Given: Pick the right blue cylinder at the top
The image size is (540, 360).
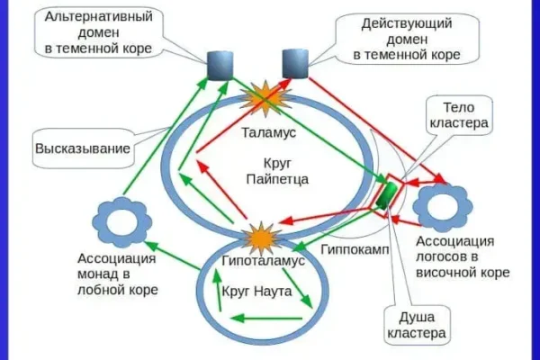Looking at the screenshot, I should pyautogui.click(x=296, y=63).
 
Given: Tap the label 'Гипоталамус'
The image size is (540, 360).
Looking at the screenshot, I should pyautogui.click(x=262, y=260).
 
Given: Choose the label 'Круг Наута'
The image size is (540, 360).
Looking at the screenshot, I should pyautogui.click(x=256, y=293).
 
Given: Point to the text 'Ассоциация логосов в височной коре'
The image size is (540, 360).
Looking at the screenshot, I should pyautogui.click(x=463, y=256).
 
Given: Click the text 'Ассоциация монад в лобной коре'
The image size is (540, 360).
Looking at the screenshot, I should pyautogui.click(x=118, y=274).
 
